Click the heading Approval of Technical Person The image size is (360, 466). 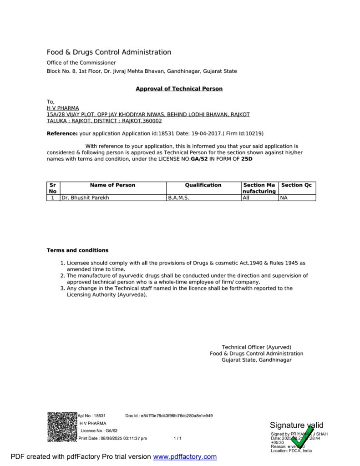click(179, 89)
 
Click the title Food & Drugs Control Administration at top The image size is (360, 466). click(109, 52)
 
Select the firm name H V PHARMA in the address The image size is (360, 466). click(63, 108)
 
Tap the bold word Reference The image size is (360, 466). click(62, 133)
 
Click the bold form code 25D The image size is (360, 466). click(246, 159)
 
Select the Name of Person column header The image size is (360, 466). click(112, 185)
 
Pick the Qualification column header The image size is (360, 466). click(203, 185)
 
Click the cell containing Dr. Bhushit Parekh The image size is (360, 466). click(86, 198)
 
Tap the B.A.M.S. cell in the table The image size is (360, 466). click(178, 198)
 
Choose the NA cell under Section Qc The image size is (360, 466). click(284, 198)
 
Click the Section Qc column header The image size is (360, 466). click(296, 185)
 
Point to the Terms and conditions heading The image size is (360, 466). click(77, 250)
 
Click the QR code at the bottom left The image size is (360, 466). click(62, 426)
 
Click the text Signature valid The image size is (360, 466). click(296, 425)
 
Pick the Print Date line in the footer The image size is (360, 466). click(113, 438)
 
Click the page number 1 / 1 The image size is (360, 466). click(177, 438)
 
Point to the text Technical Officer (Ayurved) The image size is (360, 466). click(256, 347)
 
